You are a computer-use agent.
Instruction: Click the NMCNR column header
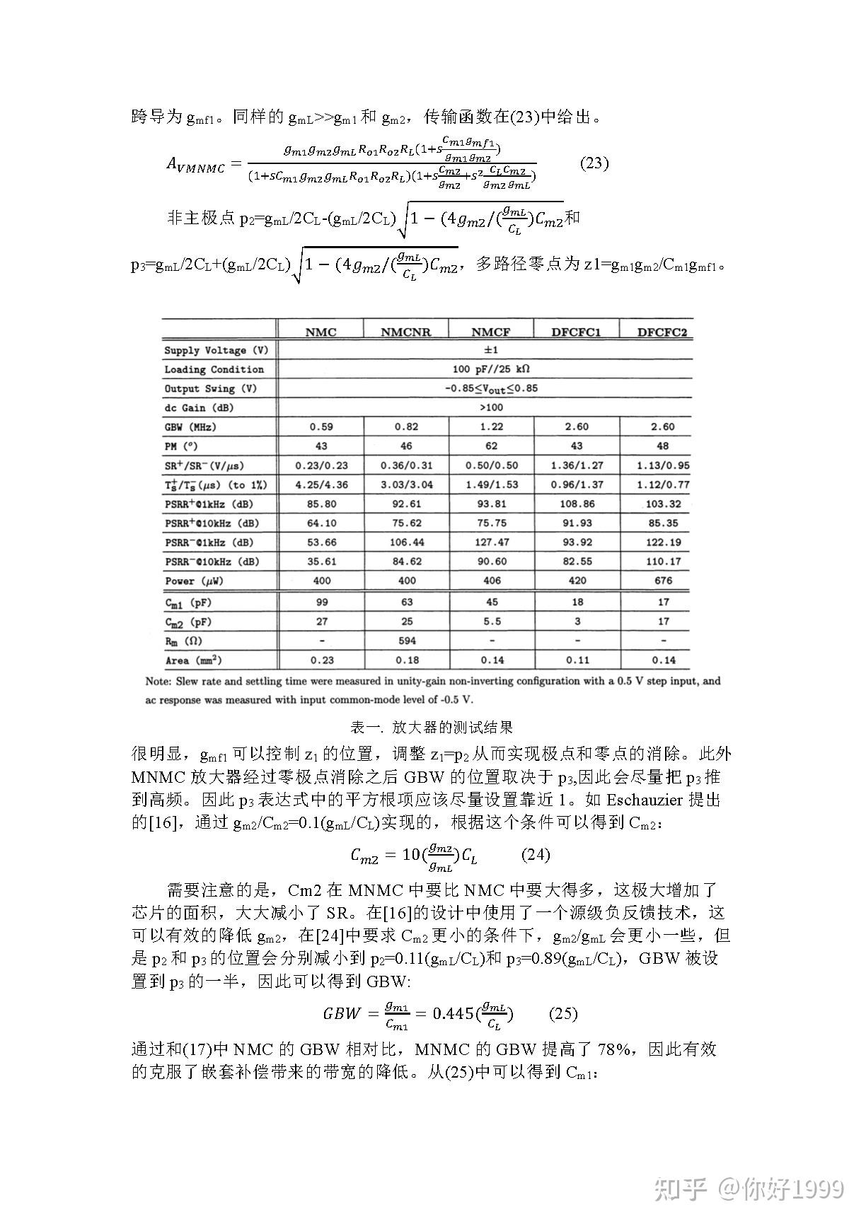point(405,332)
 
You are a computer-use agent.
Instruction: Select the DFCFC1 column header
point(576,332)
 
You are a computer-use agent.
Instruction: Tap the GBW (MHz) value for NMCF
point(491,426)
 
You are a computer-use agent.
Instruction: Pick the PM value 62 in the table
point(491,446)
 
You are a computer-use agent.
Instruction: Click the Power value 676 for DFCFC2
point(663,581)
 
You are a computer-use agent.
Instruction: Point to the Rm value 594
point(407,641)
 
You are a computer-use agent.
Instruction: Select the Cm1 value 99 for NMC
point(321,602)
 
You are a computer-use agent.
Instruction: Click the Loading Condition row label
point(214,369)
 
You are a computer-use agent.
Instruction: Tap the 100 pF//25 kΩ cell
point(491,369)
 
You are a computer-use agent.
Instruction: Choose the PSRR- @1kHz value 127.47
point(492,542)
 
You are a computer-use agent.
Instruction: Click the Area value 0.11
point(577,660)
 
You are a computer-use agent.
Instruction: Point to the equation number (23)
point(594,163)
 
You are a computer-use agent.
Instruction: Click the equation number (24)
point(535,854)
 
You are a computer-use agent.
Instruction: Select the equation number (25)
point(563,1013)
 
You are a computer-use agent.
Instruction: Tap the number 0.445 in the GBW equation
point(453,1013)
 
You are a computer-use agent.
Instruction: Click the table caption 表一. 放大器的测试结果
point(432,727)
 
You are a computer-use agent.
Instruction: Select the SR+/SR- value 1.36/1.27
point(577,465)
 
